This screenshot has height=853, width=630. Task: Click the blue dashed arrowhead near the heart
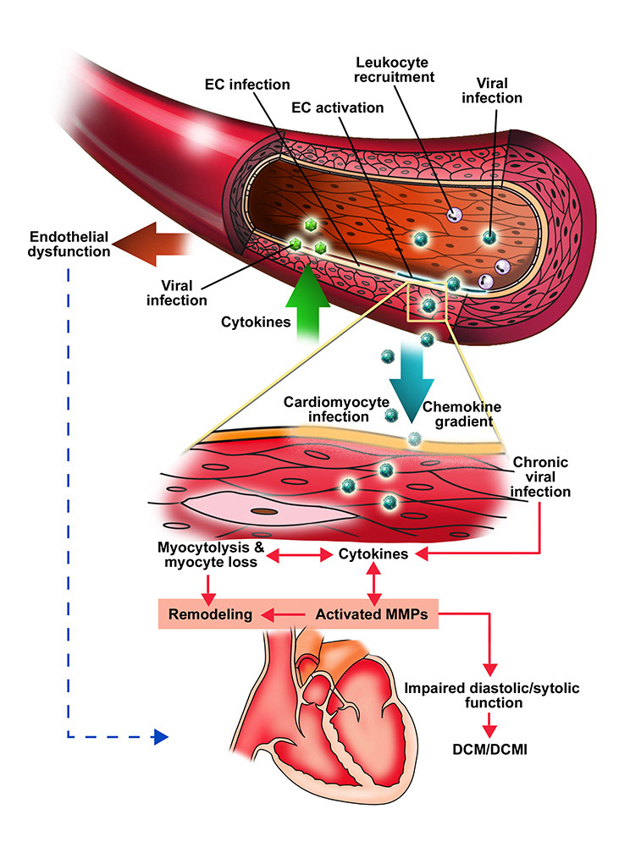pos(161,738)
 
